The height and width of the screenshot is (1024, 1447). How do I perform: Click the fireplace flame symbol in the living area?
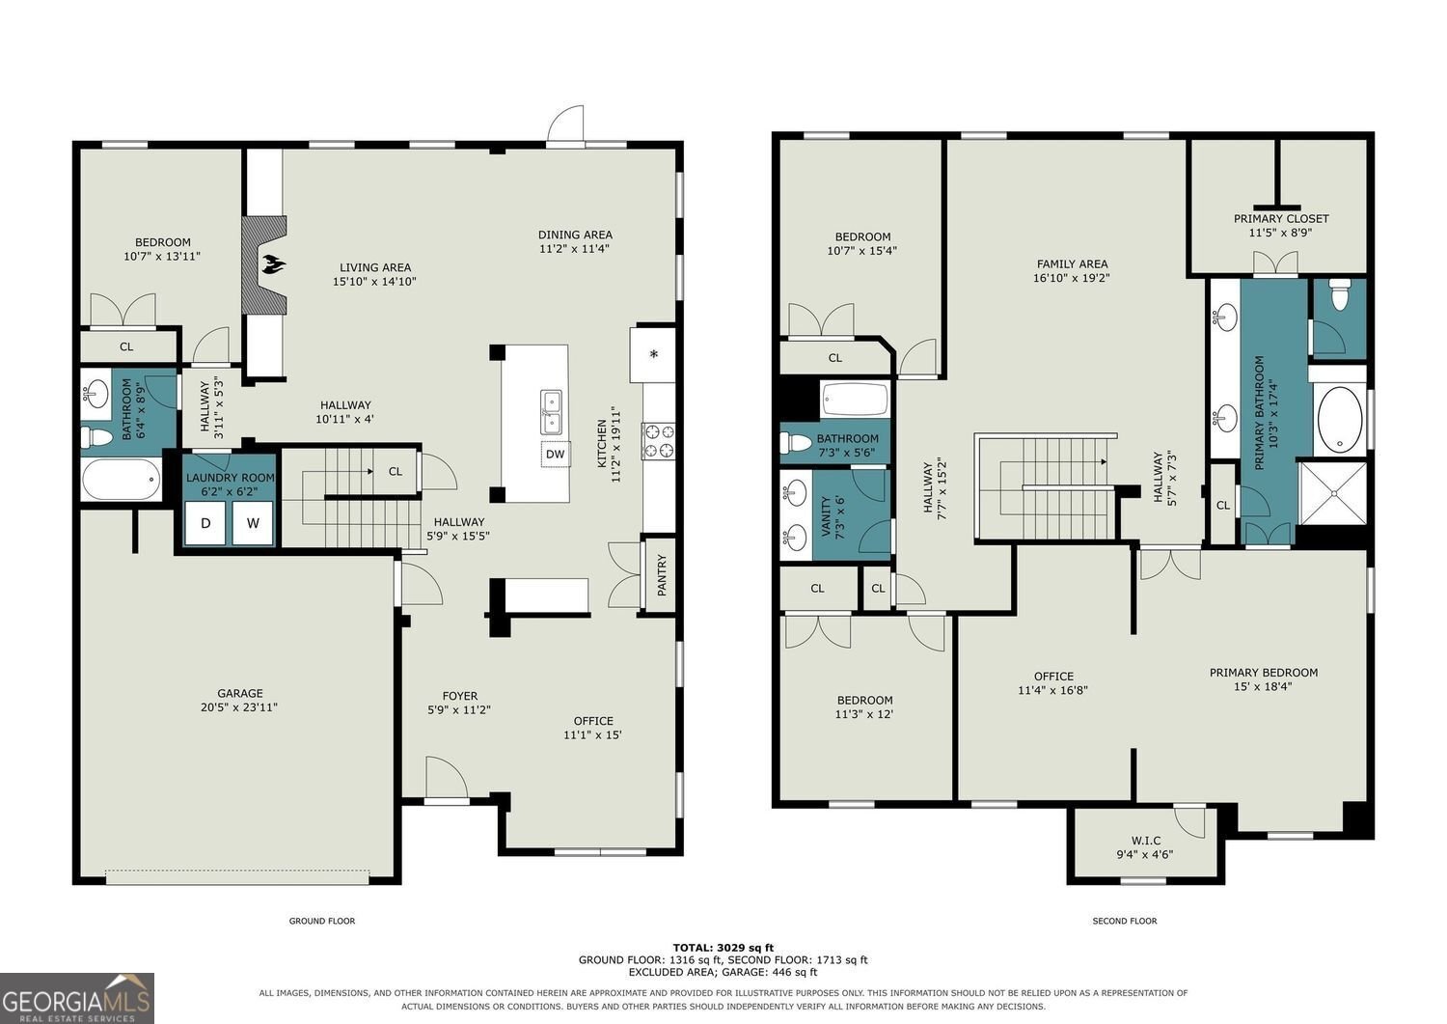273,263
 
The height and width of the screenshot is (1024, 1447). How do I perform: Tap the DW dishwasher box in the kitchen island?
555,454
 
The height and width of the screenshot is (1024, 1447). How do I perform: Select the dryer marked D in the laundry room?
205,522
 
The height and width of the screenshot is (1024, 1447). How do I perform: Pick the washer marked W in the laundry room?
253,522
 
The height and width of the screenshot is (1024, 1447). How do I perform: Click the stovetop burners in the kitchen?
658,441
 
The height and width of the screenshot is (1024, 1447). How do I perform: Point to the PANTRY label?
662,574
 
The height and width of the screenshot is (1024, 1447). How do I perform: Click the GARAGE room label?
239,693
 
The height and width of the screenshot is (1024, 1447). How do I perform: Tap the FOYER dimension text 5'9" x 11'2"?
459,709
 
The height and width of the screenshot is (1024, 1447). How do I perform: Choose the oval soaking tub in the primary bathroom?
1340,419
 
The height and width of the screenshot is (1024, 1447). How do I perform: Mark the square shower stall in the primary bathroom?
1332,493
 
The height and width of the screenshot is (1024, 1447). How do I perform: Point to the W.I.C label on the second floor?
1145,841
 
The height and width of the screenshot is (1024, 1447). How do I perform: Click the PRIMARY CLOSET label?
1280,218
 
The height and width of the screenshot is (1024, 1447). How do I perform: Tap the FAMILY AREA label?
1072,263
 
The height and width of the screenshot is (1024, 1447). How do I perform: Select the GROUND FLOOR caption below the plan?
321,921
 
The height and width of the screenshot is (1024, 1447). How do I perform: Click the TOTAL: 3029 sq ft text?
723,949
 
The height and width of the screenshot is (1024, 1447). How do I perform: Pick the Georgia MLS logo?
77,998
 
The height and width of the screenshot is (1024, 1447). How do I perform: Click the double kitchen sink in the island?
551,412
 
